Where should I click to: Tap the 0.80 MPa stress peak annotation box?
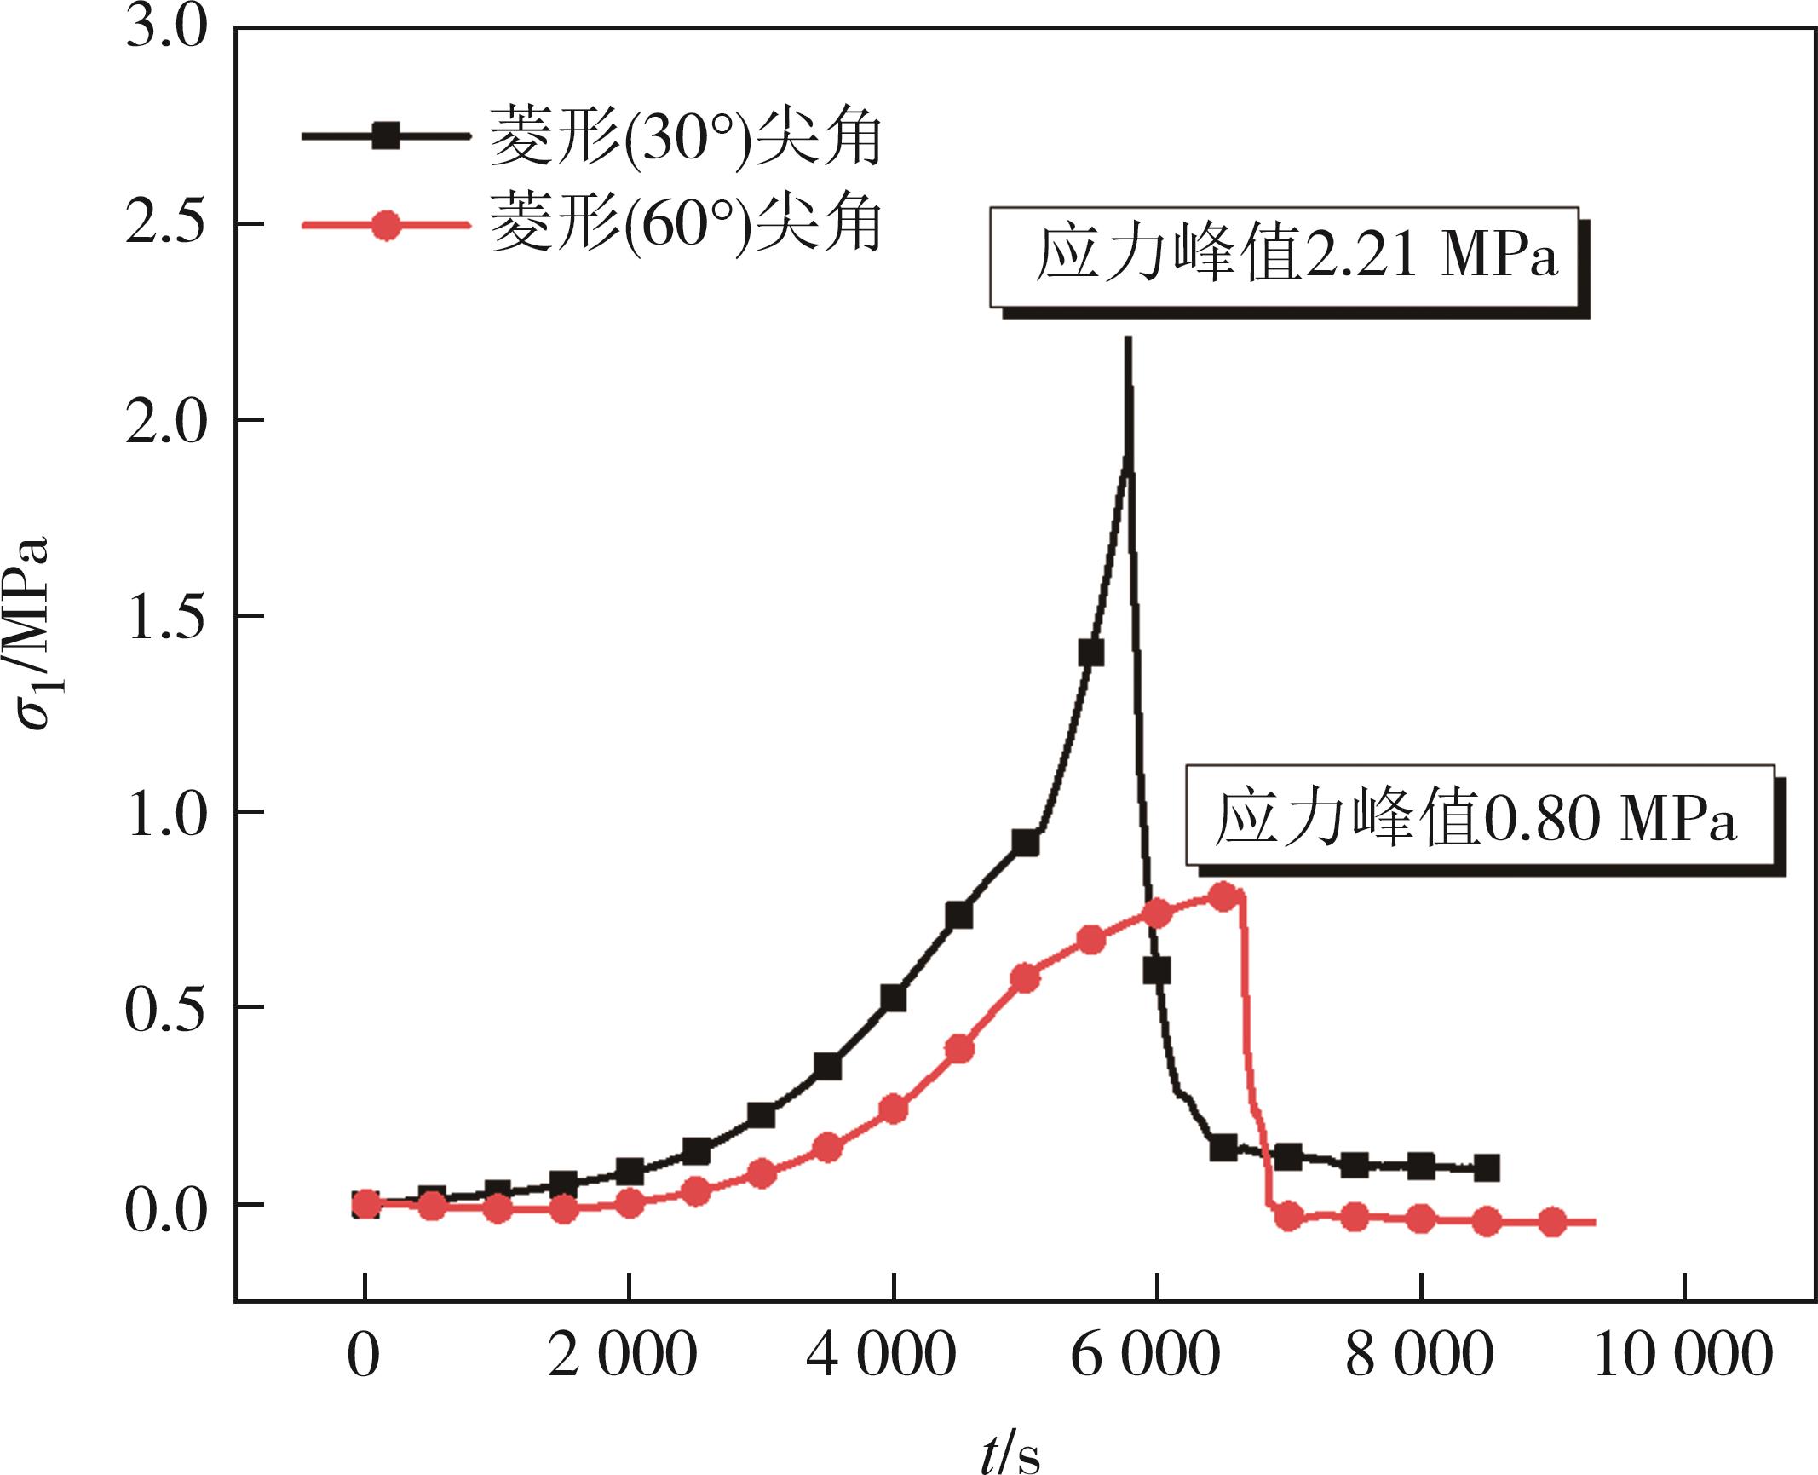coord(1480,815)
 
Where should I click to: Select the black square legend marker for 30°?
coord(386,136)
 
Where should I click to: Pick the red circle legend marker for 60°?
coord(386,226)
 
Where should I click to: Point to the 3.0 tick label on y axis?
coord(166,28)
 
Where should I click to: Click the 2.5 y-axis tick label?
coord(166,224)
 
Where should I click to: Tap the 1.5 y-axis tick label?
coord(166,616)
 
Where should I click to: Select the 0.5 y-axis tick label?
coord(166,1008)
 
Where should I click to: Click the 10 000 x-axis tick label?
coord(1683,1356)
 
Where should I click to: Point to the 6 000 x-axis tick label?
coord(1156,1356)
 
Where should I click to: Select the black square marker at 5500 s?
coord(1090,653)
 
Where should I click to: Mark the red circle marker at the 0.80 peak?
coord(1223,896)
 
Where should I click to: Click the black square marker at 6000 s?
coord(1157,971)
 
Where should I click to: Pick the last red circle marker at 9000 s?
coord(1553,1223)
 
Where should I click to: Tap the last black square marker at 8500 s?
coord(1487,1168)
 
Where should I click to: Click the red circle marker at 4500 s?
coord(959,1049)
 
